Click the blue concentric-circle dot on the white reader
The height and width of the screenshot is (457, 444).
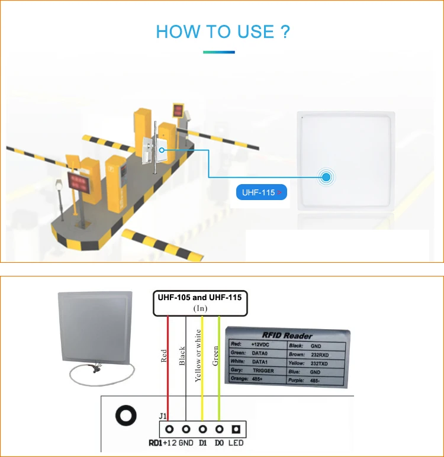326,176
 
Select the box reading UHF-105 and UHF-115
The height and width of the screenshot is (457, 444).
198,302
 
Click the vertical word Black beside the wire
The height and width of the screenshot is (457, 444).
182,358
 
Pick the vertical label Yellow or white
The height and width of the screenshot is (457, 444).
198,356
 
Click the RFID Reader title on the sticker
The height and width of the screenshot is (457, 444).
288,336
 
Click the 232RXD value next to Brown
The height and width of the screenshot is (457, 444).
324,353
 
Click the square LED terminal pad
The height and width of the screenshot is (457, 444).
236,429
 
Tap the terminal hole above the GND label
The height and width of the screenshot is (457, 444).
186,429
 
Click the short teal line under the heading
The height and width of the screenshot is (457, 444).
218,52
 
